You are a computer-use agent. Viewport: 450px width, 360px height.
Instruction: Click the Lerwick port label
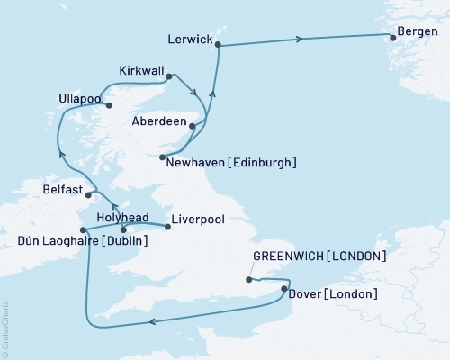pyautogui.click(x=191, y=40)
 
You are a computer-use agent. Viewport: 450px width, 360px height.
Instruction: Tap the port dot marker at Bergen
pyautogui.click(x=391, y=37)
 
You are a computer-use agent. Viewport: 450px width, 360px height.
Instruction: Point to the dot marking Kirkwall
pyautogui.click(x=170, y=78)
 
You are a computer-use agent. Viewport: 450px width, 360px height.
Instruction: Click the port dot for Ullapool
pyautogui.click(x=110, y=105)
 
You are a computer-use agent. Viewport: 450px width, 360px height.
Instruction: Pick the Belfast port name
pyautogui.click(x=62, y=191)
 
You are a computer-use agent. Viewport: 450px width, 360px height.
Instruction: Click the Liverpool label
pyautogui.click(x=196, y=218)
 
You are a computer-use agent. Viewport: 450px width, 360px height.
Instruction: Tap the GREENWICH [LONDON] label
pyautogui.click(x=319, y=256)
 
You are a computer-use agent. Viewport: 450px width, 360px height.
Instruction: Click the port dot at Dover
pyautogui.click(x=284, y=289)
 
